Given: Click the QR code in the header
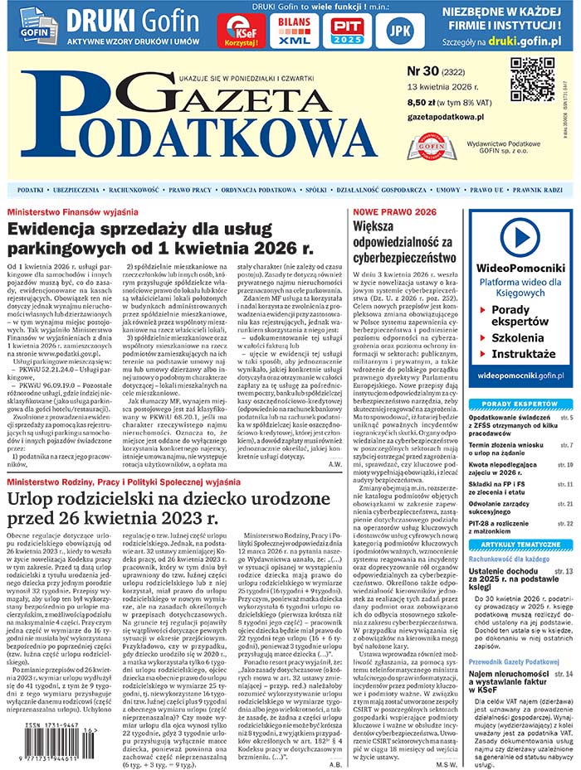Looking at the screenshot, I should coord(531,80).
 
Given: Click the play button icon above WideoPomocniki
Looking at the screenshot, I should coord(520,237).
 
